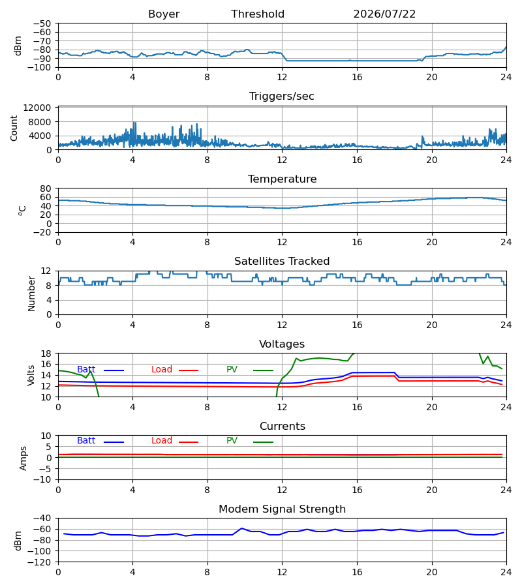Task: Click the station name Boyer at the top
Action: click(164, 14)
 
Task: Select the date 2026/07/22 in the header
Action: click(384, 14)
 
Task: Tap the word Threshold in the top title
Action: click(258, 14)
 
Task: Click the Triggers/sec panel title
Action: click(282, 97)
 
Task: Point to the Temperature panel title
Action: click(282, 179)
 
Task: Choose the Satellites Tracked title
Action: click(282, 262)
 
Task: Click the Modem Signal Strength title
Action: click(282, 509)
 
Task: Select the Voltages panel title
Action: click(282, 344)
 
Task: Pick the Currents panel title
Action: click(283, 427)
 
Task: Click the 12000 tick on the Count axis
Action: click(37, 108)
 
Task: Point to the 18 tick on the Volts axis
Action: click(46, 354)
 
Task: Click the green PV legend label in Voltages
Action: click(232, 370)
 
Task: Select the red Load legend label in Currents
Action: click(162, 441)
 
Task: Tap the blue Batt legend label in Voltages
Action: click(86, 370)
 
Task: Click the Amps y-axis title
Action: click(23, 459)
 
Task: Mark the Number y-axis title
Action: click(31, 294)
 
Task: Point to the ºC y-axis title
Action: click(22, 211)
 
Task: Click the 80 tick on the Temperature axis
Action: click(46, 188)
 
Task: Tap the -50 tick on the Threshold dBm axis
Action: click(42, 23)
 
